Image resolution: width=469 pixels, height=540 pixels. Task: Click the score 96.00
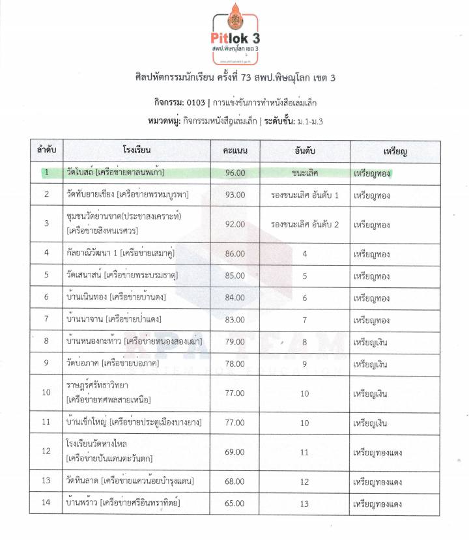pos(235,173)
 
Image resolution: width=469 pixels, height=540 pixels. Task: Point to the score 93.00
pos(235,194)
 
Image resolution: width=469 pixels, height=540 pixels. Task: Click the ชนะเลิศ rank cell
pos(305,173)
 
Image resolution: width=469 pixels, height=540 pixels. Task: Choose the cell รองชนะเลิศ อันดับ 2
pos(305,224)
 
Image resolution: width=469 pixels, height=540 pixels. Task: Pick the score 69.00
pos(235,451)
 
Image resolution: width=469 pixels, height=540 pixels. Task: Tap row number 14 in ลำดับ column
pos(46,503)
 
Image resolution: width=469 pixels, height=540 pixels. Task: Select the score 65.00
pos(235,503)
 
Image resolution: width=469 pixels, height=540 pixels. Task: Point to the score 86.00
pos(235,253)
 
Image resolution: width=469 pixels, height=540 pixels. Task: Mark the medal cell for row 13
pos(377,481)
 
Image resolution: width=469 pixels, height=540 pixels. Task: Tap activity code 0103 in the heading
pos(196,102)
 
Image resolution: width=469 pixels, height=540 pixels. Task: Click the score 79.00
pos(235,341)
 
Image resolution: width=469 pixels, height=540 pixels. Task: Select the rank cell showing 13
pos(305,503)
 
